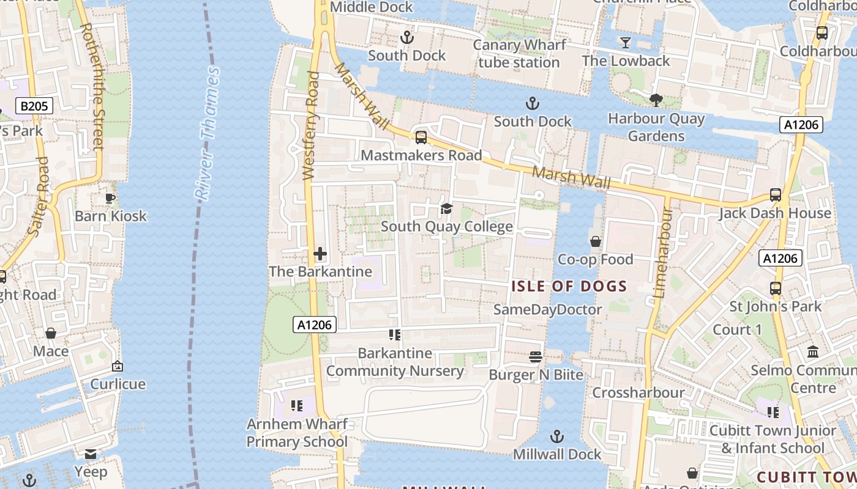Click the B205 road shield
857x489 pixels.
tap(34, 106)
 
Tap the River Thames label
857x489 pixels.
tap(207, 133)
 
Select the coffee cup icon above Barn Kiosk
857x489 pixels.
tap(110, 198)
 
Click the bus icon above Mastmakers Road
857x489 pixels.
tap(421, 138)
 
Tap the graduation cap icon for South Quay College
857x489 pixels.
tap(447, 209)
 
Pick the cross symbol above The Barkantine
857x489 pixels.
tap(320, 254)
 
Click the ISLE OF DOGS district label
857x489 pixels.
tap(569, 286)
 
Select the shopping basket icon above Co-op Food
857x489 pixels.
tap(596, 242)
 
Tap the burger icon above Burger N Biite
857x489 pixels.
tap(536, 357)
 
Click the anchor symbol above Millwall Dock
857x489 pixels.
tap(557, 436)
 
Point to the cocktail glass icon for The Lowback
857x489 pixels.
tap(626, 43)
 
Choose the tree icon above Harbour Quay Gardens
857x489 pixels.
tap(656, 100)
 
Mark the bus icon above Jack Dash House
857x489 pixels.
tap(776, 196)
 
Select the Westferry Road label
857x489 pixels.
tap(312, 125)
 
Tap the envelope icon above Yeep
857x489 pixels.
tap(91, 454)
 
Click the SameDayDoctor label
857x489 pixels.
tap(548, 309)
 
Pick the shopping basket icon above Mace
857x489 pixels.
tap(51, 333)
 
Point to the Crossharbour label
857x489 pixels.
tap(638, 392)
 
